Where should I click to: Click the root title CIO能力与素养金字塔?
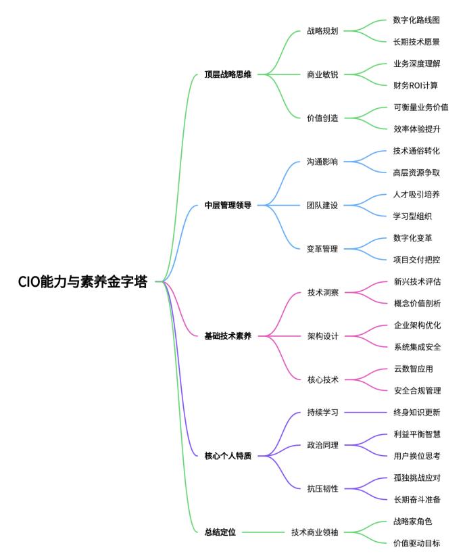tap(83, 283)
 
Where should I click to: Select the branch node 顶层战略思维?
tap(228, 74)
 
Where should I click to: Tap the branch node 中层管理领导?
tap(228, 205)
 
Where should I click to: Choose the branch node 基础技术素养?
tap(228, 335)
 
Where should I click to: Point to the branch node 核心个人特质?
tap(228, 456)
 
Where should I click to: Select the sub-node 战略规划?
tap(322, 31)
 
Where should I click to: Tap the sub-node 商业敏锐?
tap(322, 74)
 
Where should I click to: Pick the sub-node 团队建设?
tap(322, 205)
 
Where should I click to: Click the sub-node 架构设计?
tap(322, 335)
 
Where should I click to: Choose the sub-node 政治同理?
tap(322, 445)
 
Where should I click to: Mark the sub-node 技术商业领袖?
tap(314, 532)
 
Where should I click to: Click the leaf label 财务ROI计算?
tap(416, 85)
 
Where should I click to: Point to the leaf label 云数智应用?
tap(412, 369)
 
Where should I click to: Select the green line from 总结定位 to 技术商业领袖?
tap(264, 532)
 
